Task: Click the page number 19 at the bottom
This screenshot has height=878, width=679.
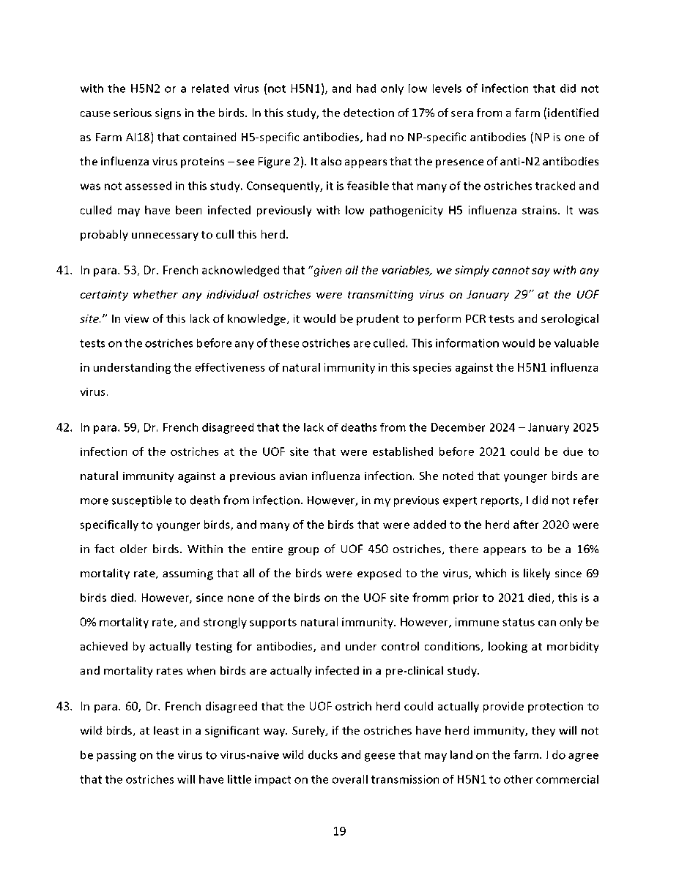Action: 339,831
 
